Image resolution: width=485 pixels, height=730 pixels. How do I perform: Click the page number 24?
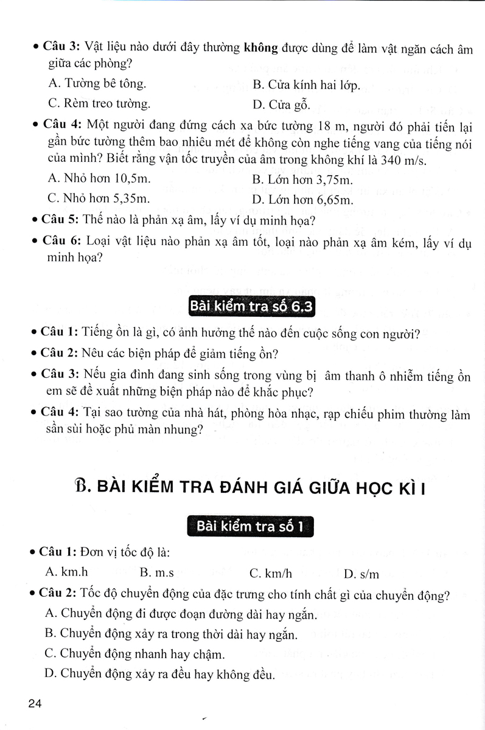33,704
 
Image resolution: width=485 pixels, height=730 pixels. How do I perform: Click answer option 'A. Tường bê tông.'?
96,83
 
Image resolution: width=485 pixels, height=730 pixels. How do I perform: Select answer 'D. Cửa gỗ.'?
281,105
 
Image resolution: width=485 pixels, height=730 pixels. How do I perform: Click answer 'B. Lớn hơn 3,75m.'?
302,180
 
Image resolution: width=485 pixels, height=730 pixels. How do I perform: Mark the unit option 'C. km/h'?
271,573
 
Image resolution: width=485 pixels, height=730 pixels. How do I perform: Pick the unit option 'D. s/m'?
361,574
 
